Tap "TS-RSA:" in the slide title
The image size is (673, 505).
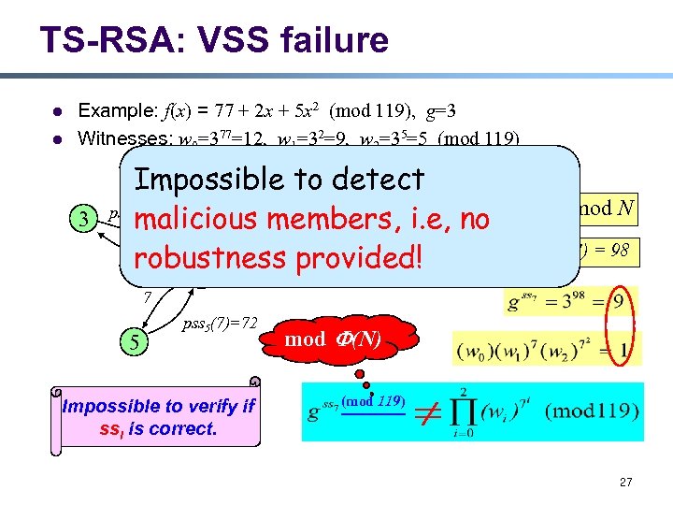pyautogui.click(x=99, y=40)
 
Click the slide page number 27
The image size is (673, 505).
pyautogui.click(x=625, y=482)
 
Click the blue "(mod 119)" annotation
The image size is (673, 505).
pyautogui.click(x=373, y=401)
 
